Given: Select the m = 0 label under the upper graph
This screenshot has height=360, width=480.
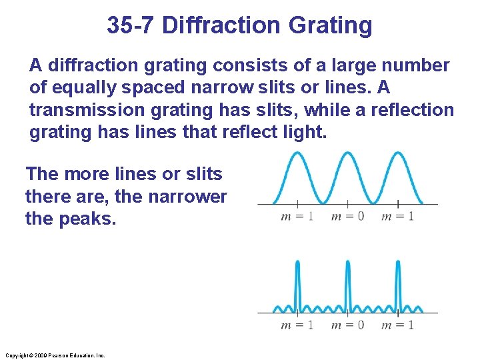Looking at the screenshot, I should (347, 216).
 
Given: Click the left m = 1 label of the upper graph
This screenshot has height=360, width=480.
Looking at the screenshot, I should (297, 216).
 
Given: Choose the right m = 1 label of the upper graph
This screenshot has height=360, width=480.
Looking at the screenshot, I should (397, 216).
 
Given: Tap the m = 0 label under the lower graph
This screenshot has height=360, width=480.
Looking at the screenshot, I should (347, 325).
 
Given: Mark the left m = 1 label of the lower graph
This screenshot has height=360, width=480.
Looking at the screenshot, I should (297, 325).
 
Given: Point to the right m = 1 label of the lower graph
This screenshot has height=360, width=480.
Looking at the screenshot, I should (397, 325).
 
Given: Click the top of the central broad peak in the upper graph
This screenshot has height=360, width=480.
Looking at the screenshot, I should (347, 153).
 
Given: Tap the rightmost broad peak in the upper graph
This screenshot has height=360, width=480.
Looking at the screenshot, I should (398, 153).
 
